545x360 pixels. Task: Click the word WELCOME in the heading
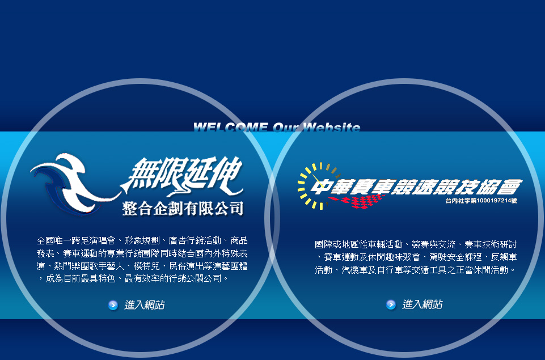[231, 127]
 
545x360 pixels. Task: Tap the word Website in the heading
[331, 127]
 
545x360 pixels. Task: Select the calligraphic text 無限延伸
[182, 176]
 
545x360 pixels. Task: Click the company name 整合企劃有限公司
[183, 209]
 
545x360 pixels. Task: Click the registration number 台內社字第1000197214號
[481, 201]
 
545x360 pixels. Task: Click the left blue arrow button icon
[113, 305]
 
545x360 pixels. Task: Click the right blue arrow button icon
[391, 305]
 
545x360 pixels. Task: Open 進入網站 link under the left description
[145, 305]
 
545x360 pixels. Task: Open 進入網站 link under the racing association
[423, 305]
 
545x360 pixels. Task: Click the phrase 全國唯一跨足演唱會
[76, 240]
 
